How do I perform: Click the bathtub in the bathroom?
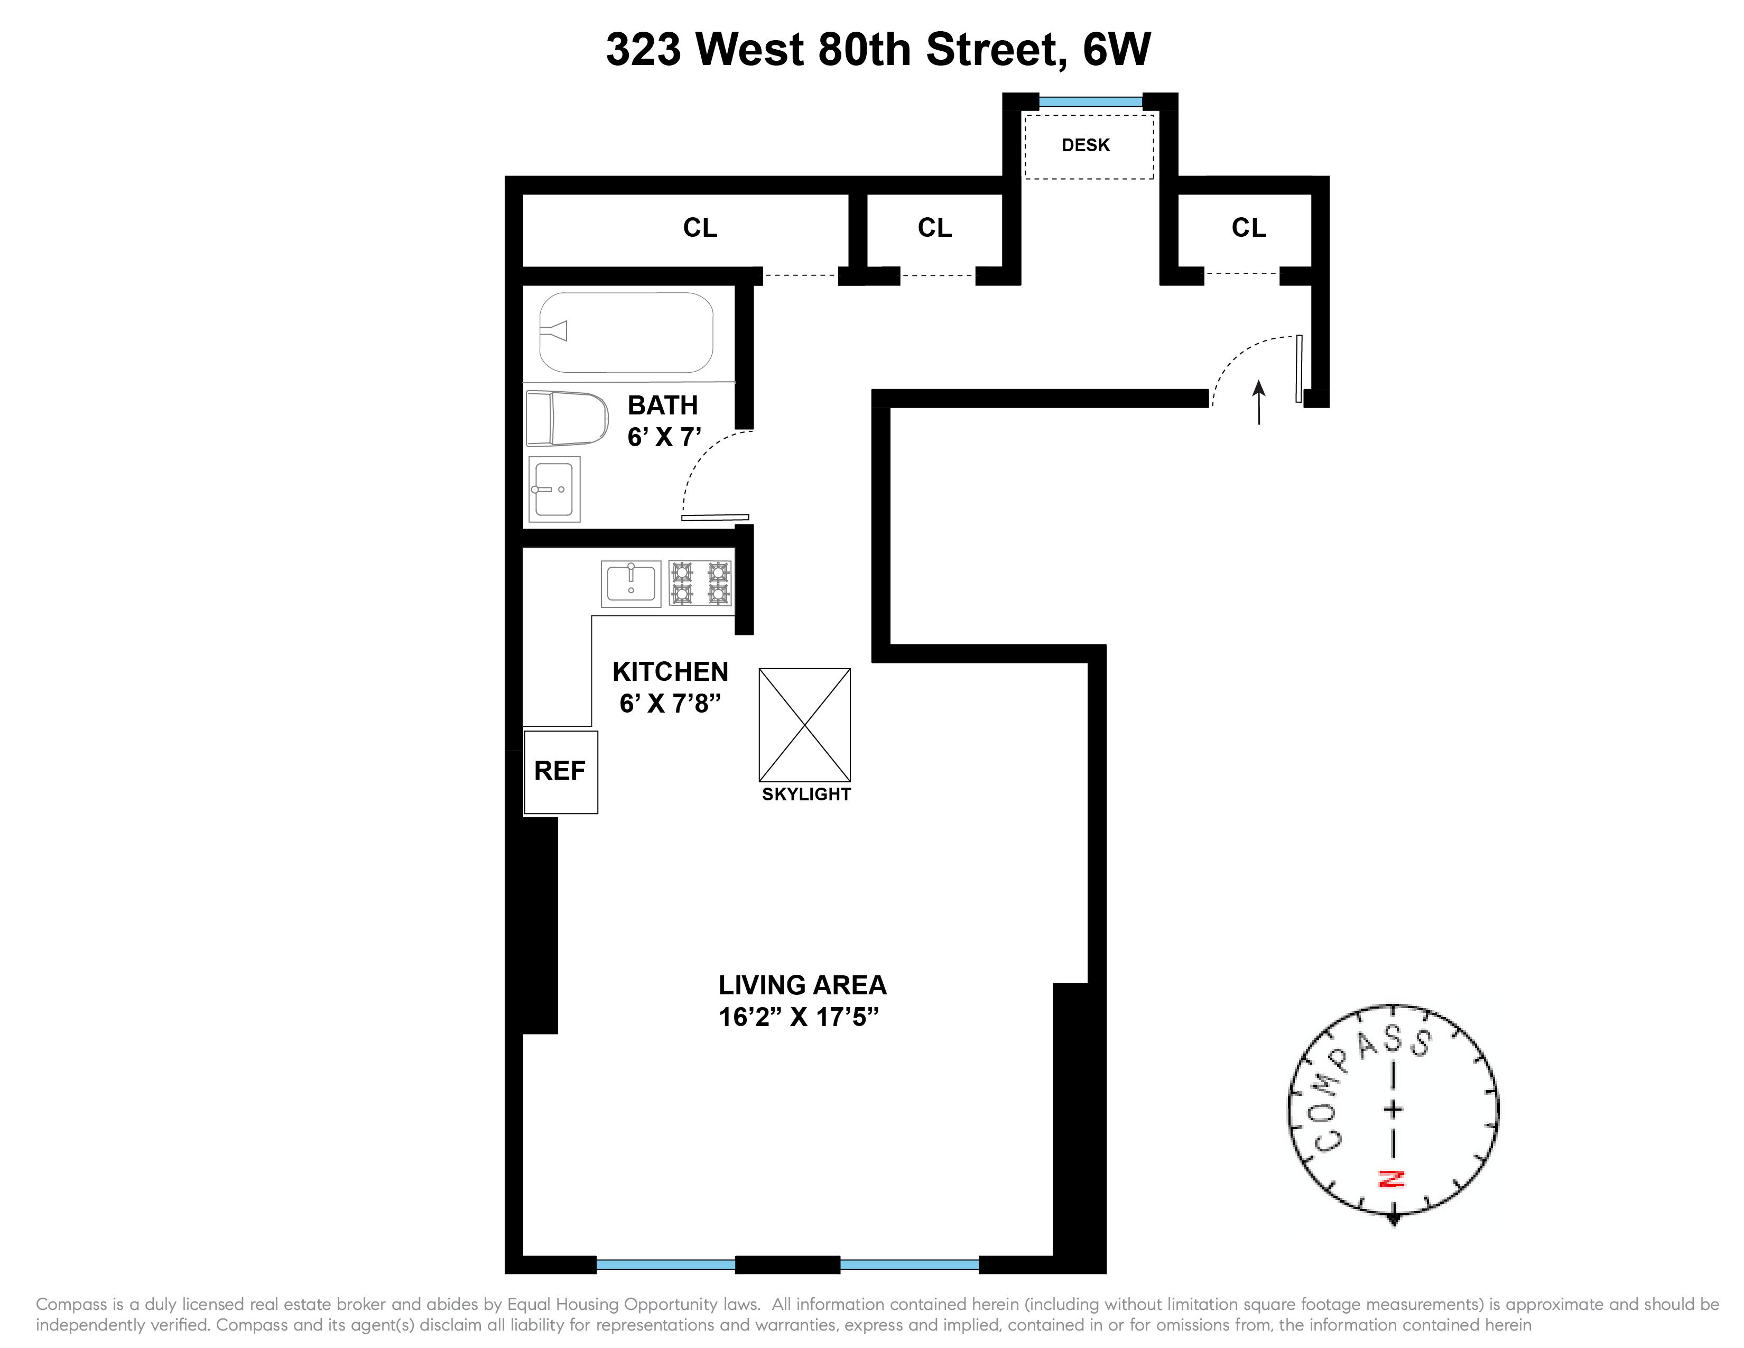(626, 332)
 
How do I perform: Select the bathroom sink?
(553, 489)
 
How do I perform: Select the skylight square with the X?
(804, 724)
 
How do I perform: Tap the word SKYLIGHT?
(806, 795)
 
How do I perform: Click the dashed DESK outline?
(1088, 146)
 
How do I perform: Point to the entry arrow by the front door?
(1259, 402)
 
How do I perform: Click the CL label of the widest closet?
(700, 228)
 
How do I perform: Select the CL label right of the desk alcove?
(1249, 228)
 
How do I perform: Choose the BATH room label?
(662, 405)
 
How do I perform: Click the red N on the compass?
(1392, 1179)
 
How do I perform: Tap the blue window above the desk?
(1090, 102)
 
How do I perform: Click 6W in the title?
(1116, 50)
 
